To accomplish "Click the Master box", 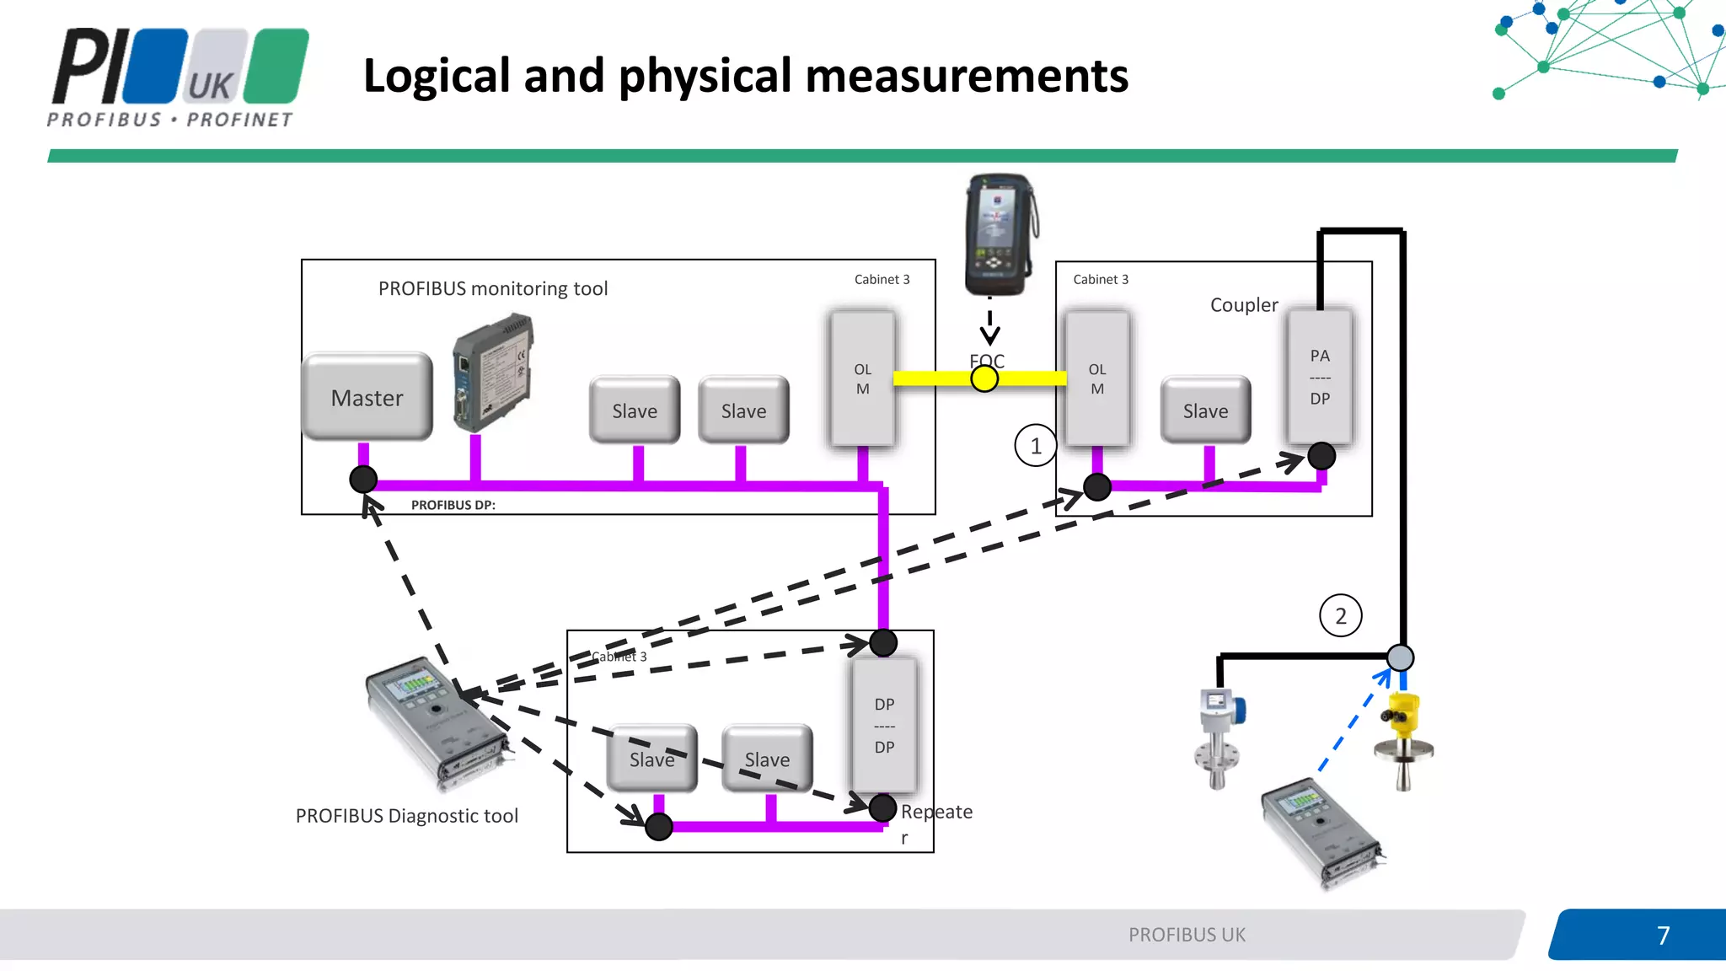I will [x=367, y=397].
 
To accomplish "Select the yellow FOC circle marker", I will [x=984, y=378].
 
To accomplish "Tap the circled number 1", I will [x=1035, y=446].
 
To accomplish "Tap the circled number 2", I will [x=1340, y=616].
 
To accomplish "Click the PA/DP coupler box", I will [x=1320, y=376].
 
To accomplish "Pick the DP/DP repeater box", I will [x=884, y=725].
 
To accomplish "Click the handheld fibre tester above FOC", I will [x=1000, y=234].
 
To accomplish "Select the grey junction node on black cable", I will [x=1400, y=657].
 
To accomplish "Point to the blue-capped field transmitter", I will [x=1219, y=737].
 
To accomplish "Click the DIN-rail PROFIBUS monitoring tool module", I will [x=494, y=372].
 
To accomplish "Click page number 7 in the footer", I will [x=1663, y=936].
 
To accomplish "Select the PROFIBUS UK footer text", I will [x=1187, y=935].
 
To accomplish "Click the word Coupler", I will [x=1244, y=305].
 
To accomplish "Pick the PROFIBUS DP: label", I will [x=453, y=505].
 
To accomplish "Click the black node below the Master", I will [x=363, y=480].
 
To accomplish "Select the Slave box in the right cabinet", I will [x=1205, y=410].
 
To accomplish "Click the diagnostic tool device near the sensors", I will [x=1321, y=834].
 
